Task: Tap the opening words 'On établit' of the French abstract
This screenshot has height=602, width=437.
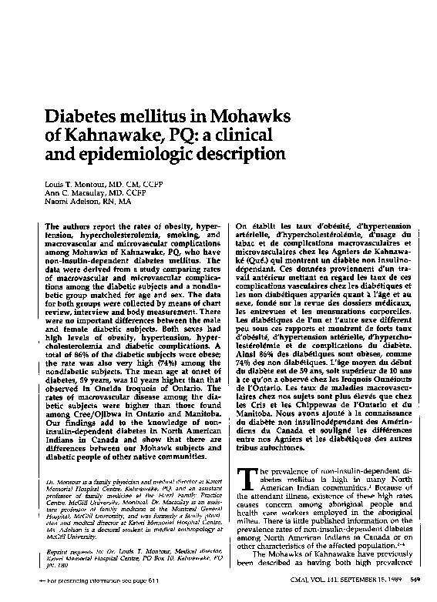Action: pyautogui.click(x=255, y=226)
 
